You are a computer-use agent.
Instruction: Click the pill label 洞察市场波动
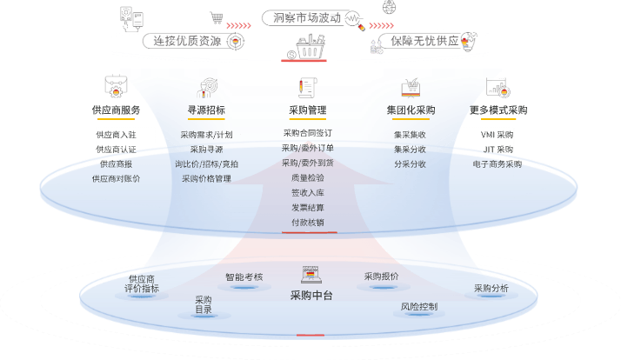307,17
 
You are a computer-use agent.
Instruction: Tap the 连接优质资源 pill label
187,41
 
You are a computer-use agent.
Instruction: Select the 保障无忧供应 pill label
424,41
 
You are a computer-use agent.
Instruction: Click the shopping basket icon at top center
310,47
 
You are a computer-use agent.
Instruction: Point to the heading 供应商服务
116,110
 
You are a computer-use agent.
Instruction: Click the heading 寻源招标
206,110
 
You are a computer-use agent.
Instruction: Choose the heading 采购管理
308,110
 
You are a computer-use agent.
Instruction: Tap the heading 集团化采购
411,110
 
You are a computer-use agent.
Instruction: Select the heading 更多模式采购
498,110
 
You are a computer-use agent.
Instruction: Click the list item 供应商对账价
116,178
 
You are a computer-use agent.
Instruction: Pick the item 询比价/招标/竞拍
206,164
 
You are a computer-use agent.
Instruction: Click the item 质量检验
308,177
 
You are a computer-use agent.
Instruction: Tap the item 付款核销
308,223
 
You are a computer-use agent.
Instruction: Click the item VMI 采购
497,135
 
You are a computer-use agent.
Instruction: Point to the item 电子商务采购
497,164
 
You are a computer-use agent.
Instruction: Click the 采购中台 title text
311,295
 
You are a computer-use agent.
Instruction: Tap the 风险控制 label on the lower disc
419,307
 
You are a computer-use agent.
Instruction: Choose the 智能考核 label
244,277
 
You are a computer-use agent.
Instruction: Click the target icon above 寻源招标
208,88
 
